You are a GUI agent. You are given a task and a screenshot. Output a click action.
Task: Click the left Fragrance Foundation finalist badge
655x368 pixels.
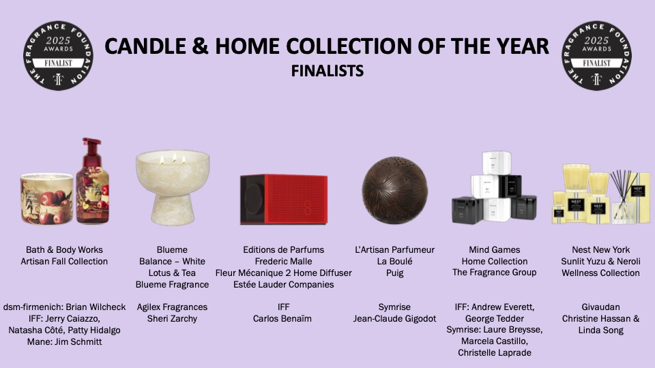click(x=58, y=55)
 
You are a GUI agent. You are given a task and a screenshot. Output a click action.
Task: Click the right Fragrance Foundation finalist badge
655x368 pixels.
click(x=596, y=55)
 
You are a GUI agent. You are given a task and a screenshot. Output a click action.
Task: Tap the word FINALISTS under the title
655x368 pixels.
click(x=327, y=71)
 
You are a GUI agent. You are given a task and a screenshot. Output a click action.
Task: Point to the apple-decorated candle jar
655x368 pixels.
click(x=47, y=198)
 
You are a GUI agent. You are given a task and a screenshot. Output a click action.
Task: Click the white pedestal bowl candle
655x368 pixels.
click(x=173, y=187)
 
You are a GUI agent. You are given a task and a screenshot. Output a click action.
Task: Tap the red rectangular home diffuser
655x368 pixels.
click(x=284, y=199)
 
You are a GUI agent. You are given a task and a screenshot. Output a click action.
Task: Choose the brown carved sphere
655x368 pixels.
click(x=395, y=190)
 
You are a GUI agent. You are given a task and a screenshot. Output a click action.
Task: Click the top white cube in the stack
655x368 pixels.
click(x=497, y=163)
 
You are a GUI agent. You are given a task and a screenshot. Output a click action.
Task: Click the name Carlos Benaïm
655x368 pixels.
click(x=282, y=319)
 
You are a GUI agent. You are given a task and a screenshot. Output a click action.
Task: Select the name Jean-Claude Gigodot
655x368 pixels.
click(x=395, y=319)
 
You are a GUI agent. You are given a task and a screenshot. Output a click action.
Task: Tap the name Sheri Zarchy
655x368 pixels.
click(x=172, y=319)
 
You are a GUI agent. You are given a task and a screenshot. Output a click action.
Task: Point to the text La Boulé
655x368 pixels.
click(x=395, y=261)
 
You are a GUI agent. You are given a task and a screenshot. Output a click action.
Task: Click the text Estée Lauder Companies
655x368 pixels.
click(x=284, y=285)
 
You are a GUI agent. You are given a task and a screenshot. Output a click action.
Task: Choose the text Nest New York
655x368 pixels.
click(x=600, y=249)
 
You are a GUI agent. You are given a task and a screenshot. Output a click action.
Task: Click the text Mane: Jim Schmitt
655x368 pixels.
click(x=64, y=341)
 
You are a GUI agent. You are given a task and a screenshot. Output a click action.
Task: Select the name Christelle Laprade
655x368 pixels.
click(x=495, y=352)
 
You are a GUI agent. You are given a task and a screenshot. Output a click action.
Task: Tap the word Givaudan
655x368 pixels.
click(x=600, y=307)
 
